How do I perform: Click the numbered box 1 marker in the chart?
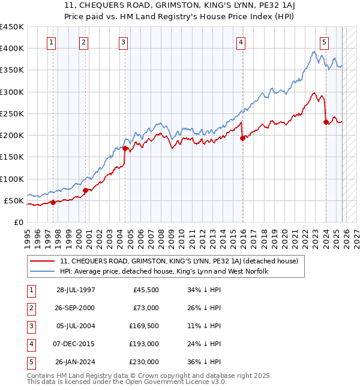click(x=52, y=42)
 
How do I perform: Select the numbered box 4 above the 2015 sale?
click(x=240, y=42)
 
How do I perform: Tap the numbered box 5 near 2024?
click(x=324, y=42)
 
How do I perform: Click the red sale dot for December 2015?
click(x=243, y=138)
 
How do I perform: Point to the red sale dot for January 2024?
click(x=326, y=122)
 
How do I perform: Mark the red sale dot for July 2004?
click(x=125, y=148)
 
